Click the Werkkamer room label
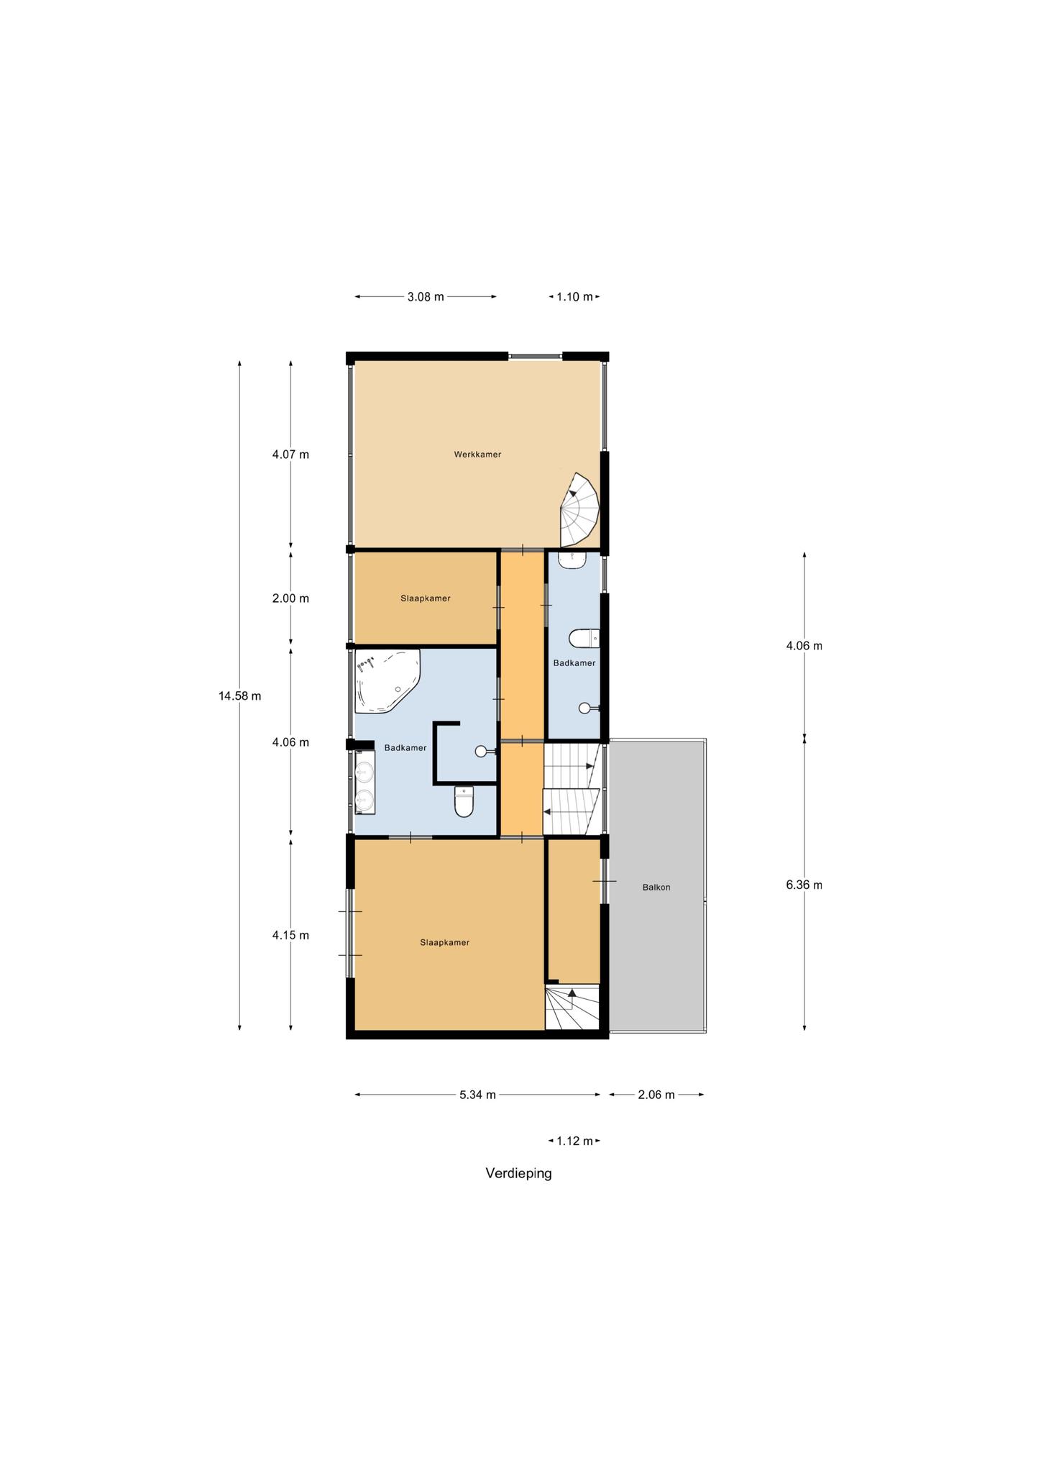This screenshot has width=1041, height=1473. tap(477, 455)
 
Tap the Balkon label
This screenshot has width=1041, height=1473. tap(656, 888)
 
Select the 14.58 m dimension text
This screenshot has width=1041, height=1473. tap(240, 696)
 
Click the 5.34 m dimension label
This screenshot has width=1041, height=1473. tap(477, 1095)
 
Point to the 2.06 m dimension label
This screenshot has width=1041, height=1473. tap(656, 1095)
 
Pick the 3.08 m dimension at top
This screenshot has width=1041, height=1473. tap(426, 296)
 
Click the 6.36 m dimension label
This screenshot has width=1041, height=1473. tap(804, 885)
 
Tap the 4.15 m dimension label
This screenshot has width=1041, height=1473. tap(290, 935)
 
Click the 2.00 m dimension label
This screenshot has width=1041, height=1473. tap(290, 598)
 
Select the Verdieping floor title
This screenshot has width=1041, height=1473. tap(518, 1174)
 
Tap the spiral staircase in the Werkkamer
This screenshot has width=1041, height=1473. tap(579, 510)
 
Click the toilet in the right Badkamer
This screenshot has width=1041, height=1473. tap(584, 638)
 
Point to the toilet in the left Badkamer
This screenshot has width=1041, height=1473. tap(464, 801)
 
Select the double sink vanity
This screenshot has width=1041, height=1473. tap(365, 782)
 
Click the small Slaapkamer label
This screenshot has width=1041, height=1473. tap(426, 598)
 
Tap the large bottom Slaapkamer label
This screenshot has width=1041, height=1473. tap(445, 942)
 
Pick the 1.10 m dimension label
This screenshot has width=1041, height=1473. tap(574, 296)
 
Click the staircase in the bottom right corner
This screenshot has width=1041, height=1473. tap(572, 1007)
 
